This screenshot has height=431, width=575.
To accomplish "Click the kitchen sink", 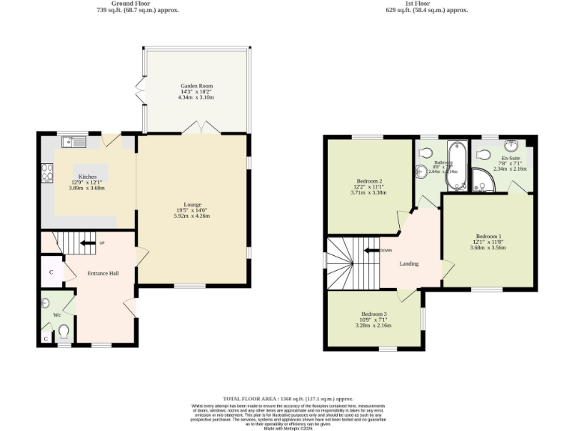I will [76, 141].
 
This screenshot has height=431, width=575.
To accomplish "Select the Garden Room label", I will [197, 86].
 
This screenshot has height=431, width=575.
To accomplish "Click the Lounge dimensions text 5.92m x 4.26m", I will [194, 216].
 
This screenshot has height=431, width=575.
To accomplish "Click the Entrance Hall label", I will [103, 274].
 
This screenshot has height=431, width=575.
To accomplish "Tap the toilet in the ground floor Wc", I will [65, 330].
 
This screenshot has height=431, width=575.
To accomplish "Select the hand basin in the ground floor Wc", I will [46, 303].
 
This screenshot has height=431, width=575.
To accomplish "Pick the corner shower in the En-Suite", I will [481, 179].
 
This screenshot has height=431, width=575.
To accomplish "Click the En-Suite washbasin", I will [512, 146].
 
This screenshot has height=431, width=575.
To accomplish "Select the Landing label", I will [409, 263].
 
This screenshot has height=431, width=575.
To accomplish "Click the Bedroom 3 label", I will [374, 314].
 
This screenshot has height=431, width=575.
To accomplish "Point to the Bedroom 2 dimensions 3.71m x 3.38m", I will [368, 192].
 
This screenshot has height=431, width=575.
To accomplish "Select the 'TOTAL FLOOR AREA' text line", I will [287, 399].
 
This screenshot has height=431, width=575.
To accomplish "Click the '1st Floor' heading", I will [426, 4].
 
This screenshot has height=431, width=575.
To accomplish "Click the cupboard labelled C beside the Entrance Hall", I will [51, 272].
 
